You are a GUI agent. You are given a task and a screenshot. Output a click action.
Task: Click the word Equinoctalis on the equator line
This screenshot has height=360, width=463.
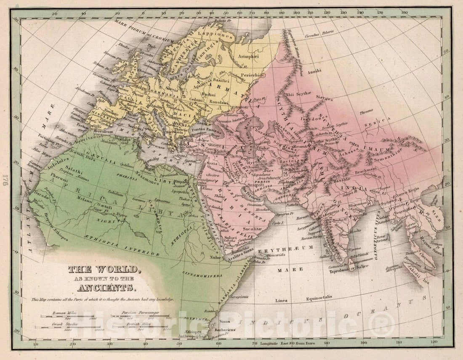[x=316, y=296]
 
